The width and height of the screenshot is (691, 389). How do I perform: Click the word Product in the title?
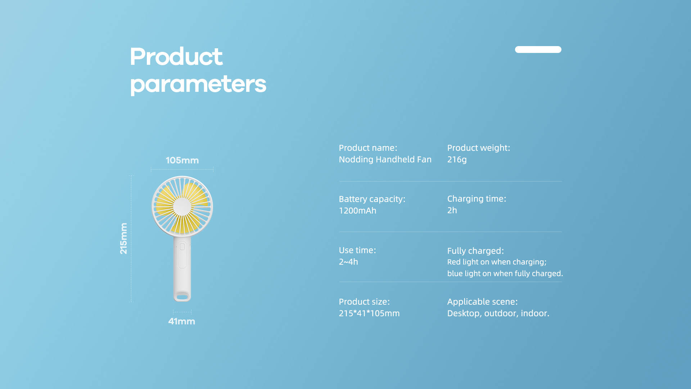pos(176,57)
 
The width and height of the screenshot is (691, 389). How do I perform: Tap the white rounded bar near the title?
pos(538,49)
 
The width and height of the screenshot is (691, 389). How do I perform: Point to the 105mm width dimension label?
pos(182,160)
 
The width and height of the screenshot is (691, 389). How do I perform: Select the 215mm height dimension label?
pos(123,238)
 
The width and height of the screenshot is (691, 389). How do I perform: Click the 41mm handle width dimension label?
pos(182,321)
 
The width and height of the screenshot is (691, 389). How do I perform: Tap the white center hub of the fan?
pos(182,207)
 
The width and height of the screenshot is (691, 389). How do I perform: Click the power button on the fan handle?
pos(182,246)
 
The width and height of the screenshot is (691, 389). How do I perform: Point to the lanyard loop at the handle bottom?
pos(182,297)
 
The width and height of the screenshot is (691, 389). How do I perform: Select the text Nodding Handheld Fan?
pos(385,160)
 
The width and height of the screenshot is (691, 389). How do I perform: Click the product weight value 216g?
pos(457,160)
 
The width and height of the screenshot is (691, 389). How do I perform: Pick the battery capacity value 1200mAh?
pos(357,211)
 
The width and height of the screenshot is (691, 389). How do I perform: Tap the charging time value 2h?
pos(452,210)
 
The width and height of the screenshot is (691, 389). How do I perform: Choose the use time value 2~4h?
pos(348,262)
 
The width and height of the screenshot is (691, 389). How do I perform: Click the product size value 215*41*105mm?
pos(369,313)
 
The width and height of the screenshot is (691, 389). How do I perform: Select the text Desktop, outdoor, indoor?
pos(498,313)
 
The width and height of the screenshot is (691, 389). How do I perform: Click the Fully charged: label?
pos(475,251)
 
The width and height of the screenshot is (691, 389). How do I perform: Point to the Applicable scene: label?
pos(482,302)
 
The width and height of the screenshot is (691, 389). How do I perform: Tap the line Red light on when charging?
pos(497,262)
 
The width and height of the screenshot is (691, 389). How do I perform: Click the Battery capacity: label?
pos(372,199)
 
